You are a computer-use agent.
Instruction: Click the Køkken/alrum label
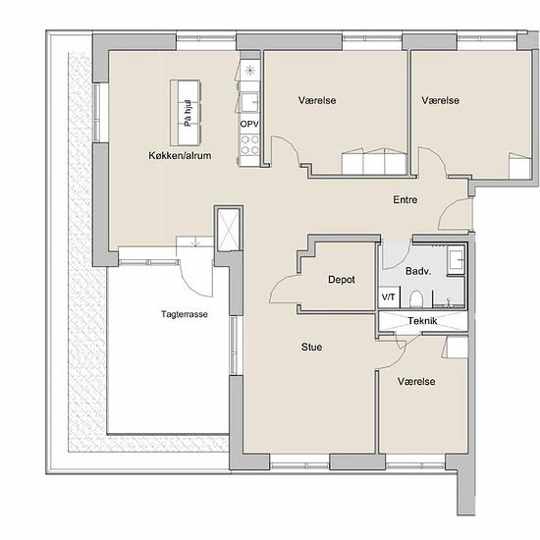(180, 156)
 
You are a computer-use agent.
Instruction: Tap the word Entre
(405, 199)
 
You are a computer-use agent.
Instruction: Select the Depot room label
(342, 280)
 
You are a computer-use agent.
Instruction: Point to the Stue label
(311, 347)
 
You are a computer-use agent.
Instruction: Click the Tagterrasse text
(185, 314)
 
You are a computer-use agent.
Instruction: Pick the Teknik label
(422, 321)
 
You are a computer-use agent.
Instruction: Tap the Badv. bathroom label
(418, 271)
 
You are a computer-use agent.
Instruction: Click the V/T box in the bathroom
(389, 297)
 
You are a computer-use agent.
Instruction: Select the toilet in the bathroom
(416, 298)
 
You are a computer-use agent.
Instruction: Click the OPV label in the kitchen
(249, 124)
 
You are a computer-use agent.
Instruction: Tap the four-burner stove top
(249, 145)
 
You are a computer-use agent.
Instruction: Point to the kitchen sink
(249, 102)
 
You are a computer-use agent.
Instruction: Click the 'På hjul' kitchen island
(186, 113)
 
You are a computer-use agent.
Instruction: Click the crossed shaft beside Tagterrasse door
(229, 229)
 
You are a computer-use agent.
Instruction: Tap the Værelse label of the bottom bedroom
(416, 382)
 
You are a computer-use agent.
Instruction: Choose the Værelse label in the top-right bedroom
(441, 100)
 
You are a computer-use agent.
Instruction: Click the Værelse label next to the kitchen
(317, 100)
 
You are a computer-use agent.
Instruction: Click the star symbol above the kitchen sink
(249, 71)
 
